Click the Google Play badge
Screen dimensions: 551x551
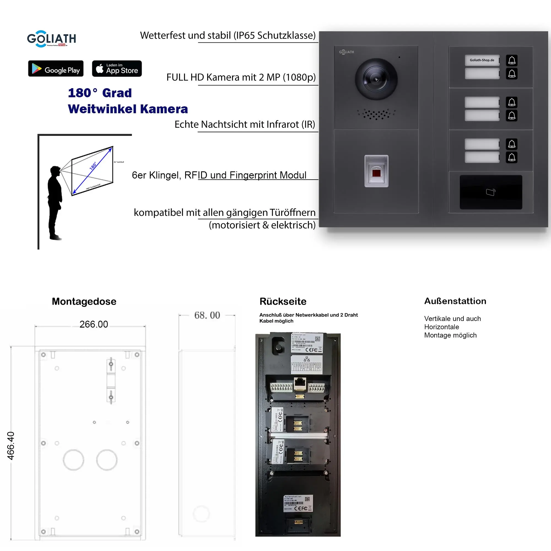(x=56, y=68)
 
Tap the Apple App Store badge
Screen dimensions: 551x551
(x=117, y=68)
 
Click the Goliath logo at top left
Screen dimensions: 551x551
(x=51, y=39)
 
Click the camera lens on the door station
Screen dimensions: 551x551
(x=376, y=79)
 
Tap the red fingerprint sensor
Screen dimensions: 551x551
(x=376, y=173)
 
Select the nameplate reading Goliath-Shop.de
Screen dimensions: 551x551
(x=482, y=60)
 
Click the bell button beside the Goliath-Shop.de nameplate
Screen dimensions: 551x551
(x=512, y=60)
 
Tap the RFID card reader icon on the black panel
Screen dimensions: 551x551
(x=491, y=192)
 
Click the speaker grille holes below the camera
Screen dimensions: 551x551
(x=376, y=114)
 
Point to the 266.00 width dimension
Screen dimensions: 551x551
(x=94, y=324)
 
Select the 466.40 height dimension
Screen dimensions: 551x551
(x=10, y=445)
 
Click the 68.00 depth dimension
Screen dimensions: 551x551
(x=207, y=315)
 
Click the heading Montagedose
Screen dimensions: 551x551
(x=84, y=301)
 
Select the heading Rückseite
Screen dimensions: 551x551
(x=283, y=301)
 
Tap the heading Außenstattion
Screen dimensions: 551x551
(x=455, y=301)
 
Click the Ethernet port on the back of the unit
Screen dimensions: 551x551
(x=300, y=383)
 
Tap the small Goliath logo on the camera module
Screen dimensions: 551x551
(x=346, y=52)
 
